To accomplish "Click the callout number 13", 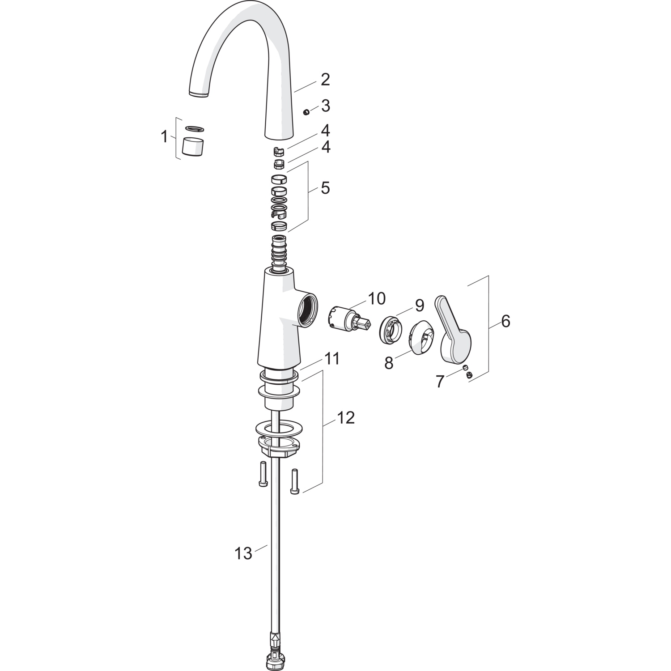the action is click(243, 553).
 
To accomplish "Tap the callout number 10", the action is click(377, 298).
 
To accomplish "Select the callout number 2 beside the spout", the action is click(325, 80).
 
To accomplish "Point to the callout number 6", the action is click(505, 321).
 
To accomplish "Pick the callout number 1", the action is click(164, 136).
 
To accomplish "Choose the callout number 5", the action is click(325, 188).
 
